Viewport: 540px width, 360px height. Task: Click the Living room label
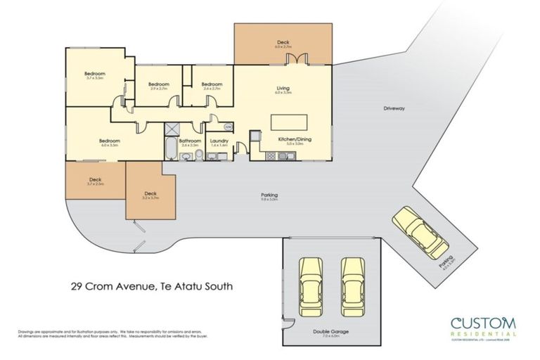coord(283,89)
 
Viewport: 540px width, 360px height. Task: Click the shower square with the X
coord(172,129)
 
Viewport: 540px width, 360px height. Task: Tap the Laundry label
coord(218,140)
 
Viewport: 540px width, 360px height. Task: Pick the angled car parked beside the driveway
coord(420,232)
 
